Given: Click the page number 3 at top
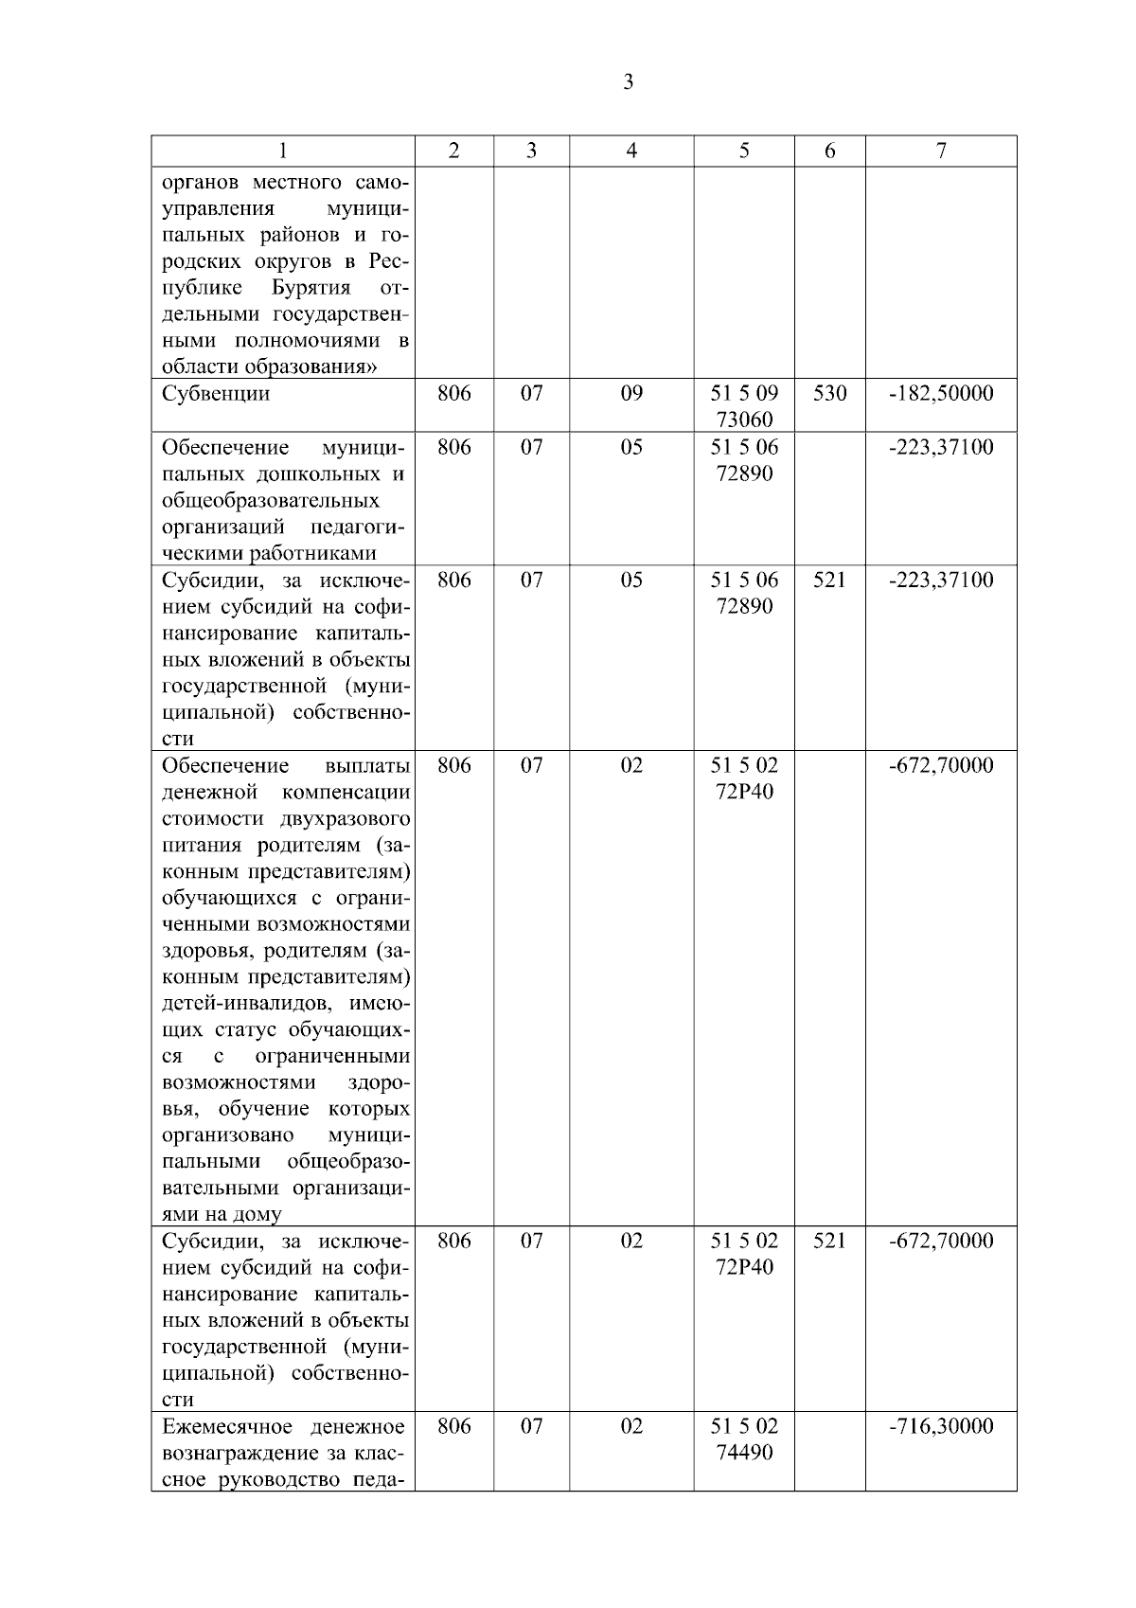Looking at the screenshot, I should click(x=629, y=82).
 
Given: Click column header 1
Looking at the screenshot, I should click(x=283, y=151).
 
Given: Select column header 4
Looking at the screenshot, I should click(x=631, y=151).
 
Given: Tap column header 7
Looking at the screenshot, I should click(x=941, y=151).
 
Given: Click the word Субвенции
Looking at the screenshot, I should click(x=216, y=394).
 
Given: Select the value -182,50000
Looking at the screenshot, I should click(x=941, y=394).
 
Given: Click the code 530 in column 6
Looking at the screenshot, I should click(x=829, y=394).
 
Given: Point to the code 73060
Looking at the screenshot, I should click(x=744, y=420).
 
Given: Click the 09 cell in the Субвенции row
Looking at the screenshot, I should click(x=631, y=394).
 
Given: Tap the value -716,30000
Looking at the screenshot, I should click(x=941, y=1426).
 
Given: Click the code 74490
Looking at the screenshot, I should click(x=744, y=1452).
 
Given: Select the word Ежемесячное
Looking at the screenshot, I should click(x=223, y=1426).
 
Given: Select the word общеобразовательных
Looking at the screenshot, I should click(x=271, y=500).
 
